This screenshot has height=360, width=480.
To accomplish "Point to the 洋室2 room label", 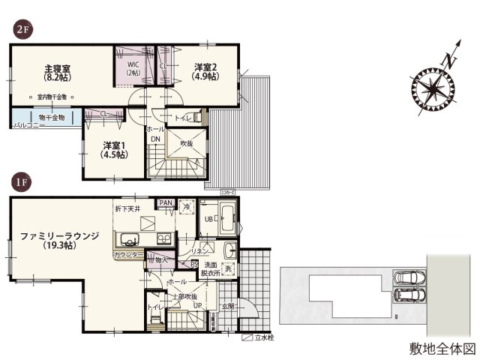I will point(205,70).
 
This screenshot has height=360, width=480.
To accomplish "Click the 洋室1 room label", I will point(114,148).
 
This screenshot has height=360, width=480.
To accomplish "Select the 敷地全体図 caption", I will point(442,349).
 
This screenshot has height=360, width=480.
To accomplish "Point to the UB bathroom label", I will point(211,220).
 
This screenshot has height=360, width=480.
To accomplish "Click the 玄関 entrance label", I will point(228,306).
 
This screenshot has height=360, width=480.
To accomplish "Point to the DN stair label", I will point(155,139).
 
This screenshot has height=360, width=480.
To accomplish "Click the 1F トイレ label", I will point(155,307).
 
